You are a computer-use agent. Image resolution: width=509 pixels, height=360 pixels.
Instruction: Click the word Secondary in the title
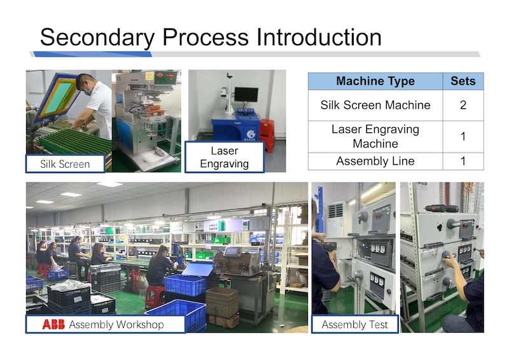point(97,38)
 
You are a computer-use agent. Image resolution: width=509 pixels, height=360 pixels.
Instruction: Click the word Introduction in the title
point(319,37)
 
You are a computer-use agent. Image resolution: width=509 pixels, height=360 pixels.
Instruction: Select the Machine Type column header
point(375,81)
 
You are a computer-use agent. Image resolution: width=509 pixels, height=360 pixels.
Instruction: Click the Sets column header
point(463,81)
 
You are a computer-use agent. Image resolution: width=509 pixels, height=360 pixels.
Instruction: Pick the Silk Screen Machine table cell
point(375,105)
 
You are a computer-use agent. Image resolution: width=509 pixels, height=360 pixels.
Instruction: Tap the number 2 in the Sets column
point(463,105)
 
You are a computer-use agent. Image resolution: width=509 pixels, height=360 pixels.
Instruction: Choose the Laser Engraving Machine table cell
point(375,136)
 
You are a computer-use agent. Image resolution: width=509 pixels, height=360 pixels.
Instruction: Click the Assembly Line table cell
point(375,161)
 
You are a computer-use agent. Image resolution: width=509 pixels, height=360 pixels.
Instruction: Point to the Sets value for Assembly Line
point(463,161)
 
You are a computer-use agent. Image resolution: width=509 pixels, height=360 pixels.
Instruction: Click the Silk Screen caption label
point(66,164)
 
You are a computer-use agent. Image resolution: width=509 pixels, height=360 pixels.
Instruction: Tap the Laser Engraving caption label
point(225,157)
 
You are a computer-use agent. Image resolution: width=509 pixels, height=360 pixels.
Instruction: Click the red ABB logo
point(53,324)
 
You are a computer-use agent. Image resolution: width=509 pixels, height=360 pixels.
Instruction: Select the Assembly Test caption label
point(355,324)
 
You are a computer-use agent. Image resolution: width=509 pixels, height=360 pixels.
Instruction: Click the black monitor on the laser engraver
point(246,95)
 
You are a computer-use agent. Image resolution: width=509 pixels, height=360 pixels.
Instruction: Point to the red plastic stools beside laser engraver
point(267,135)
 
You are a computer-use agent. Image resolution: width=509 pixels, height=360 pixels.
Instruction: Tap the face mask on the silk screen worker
point(87,91)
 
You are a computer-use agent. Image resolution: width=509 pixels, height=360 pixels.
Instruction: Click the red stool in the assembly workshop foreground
point(155,296)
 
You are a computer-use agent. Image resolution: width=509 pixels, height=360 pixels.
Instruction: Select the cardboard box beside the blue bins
point(222,303)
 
